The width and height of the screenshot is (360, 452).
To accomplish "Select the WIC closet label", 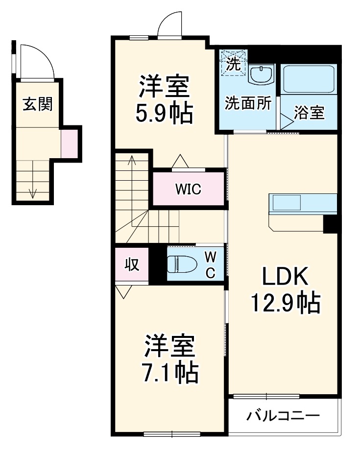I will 189,189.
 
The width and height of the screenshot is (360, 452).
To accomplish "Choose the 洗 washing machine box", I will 232,63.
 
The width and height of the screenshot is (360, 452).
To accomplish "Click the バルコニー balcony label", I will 283,416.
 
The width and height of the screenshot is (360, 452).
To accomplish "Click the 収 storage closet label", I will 132,264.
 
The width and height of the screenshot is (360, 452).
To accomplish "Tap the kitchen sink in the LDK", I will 287,202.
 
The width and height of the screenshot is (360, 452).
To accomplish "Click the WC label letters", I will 209,264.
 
